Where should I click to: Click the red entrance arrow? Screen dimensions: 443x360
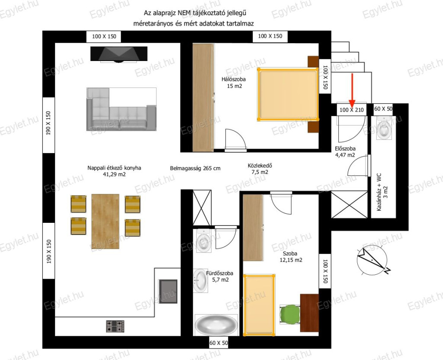point(352,89)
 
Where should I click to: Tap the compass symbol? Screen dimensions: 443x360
point(372,260)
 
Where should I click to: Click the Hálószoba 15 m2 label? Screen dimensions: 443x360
point(234,83)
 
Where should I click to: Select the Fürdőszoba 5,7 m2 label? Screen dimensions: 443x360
point(220,276)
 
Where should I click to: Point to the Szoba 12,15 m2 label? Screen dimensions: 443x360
point(291,257)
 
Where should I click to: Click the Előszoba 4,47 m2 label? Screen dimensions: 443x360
point(345,152)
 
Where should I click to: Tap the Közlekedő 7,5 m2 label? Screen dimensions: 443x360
point(260,169)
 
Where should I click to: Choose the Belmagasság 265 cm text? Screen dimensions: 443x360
point(195,168)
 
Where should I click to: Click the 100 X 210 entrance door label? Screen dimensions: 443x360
point(351,109)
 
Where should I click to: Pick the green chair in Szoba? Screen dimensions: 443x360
point(289,315)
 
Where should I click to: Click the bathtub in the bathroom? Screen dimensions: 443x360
point(216,325)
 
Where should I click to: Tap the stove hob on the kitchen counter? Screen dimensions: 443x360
point(115,326)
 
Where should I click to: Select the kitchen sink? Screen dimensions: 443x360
point(168,291)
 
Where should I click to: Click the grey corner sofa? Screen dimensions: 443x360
point(121,109)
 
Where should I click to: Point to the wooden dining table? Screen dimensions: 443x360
point(105,221)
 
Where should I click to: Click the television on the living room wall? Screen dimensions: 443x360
point(119,54)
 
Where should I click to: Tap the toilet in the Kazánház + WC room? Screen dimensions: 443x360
point(384,129)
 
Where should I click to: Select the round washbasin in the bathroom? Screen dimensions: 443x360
point(200,280)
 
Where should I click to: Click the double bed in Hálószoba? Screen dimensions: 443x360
point(288,94)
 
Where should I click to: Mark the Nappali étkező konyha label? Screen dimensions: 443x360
point(114,171)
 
